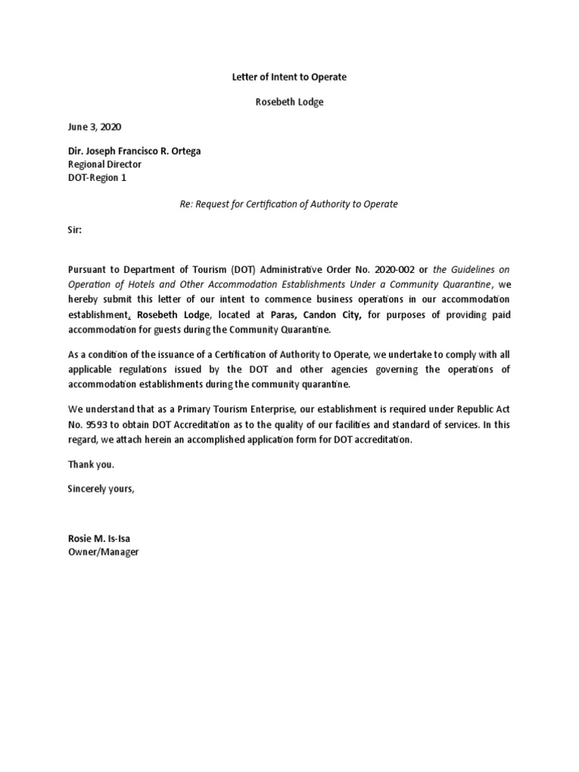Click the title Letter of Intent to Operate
pos(289,77)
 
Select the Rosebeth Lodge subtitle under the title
pos(289,102)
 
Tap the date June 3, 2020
pos(94,127)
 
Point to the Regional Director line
pos(105,164)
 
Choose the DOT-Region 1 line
pos(99,176)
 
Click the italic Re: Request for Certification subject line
pos(289,204)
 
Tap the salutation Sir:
pos(75,231)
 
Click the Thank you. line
pos(91,464)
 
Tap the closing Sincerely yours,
pos(101,489)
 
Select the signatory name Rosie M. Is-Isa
pos(104,539)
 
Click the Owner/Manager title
pos(103,552)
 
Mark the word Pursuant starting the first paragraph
pos(90,270)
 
